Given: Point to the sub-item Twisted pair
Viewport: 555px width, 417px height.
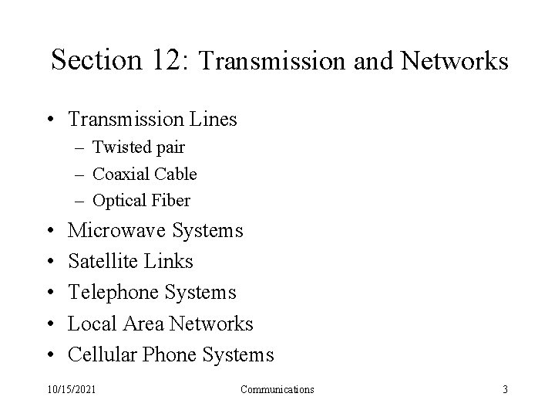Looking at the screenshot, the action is point(139,147).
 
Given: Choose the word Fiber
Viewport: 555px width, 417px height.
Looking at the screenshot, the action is point(170,201).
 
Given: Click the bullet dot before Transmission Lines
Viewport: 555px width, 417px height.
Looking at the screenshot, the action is point(50,120).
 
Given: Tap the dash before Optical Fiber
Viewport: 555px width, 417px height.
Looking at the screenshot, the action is point(80,201).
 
